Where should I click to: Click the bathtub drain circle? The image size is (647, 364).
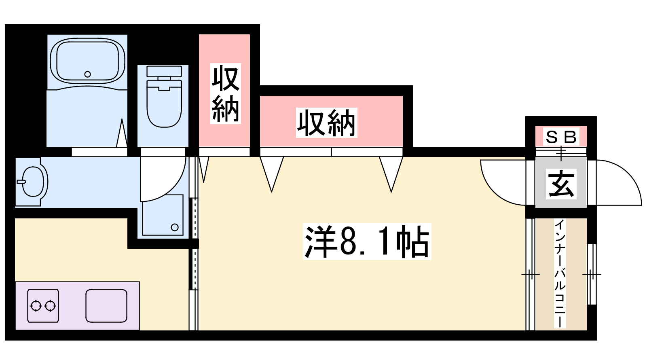pyautogui.click(x=87, y=74)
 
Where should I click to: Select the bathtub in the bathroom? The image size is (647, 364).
pyautogui.click(x=87, y=61)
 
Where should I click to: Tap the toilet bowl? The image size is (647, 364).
pyautogui.click(x=164, y=104)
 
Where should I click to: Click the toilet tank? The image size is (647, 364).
pyautogui.click(x=164, y=71)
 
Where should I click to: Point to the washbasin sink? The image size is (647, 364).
pyautogui.click(x=33, y=182)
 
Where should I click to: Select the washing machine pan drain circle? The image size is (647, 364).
pyautogui.click(x=174, y=227)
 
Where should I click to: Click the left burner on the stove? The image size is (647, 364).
pyautogui.click(x=36, y=306)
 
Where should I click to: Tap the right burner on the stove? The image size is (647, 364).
pyautogui.click(x=50, y=306)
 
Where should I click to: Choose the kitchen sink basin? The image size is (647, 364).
pyautogui.click(x=106, y=306)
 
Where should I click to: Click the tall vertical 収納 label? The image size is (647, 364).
pyautogui.click(x=225, y=93)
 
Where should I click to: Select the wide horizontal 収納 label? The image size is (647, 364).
pyautogui.click(x=326, y=123)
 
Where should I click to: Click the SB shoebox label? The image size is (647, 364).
pyautogui.click(x=561, y=137)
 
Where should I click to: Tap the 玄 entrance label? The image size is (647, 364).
pyautogui.click(x=561, y=184)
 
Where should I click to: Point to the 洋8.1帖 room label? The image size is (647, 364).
pyautogui.click(x=367, y=241)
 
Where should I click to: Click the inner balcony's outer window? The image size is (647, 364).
pyautogui.click(x=592, y=274)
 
